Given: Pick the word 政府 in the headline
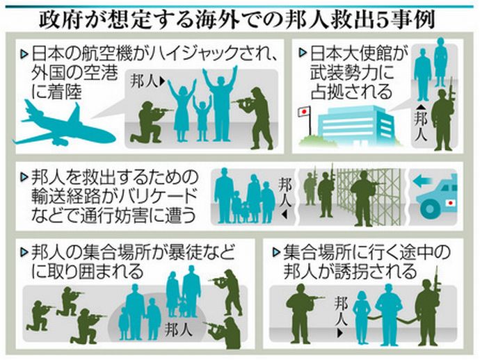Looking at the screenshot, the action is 64,17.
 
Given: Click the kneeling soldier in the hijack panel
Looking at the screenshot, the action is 148,121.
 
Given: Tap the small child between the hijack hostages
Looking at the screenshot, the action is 201,115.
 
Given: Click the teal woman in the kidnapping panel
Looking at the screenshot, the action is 362,316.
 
